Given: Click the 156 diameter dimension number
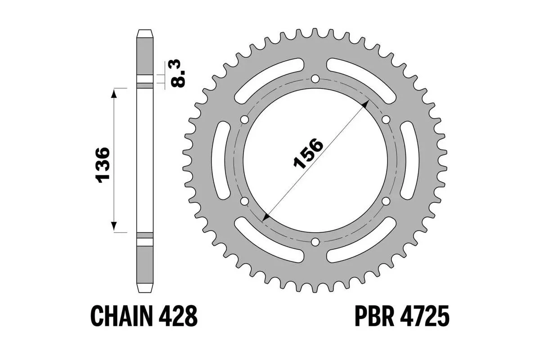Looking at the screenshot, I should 308,153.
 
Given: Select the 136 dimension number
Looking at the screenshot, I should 103,164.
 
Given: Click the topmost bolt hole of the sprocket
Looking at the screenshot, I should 315,79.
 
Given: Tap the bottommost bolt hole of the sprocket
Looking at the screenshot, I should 315,242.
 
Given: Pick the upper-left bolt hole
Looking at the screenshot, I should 245,120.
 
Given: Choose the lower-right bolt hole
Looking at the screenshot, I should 386,201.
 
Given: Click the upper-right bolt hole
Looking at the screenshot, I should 386,120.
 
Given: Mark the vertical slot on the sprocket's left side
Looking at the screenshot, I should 221,160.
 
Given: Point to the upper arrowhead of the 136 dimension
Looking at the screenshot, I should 114,93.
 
